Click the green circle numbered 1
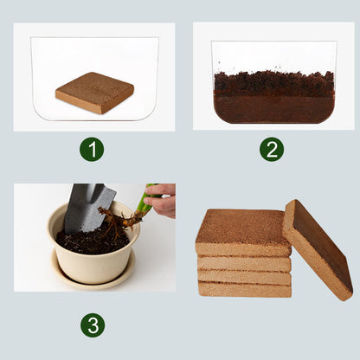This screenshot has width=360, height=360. (92, 149)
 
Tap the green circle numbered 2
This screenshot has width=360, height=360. (272, 149)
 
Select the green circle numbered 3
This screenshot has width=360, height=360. (93, 325)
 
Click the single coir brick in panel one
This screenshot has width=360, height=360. (94, 93)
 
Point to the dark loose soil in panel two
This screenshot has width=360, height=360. (273, 84)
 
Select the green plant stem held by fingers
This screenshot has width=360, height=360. (144, 203)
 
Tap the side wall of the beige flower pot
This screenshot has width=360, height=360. (93, 264)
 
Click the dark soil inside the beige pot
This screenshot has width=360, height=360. (87, 240)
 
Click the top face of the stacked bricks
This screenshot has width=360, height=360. (242, 229)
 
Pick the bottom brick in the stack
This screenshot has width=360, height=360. (243, 288)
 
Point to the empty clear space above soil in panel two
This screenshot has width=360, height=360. (273, 56)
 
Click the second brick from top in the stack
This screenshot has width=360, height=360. (243, 262)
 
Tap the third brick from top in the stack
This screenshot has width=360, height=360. (243, 276)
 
